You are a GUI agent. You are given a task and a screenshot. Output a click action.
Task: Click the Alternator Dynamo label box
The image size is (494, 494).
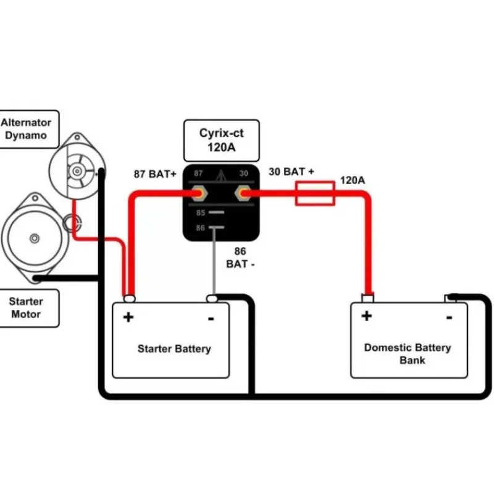pyautogui.click(x=29, y=129)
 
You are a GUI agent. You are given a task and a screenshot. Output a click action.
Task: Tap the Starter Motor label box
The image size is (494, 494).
pyautogui.click(x=29, y=308)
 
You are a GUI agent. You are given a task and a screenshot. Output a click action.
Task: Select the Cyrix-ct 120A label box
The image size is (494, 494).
pyautogui.click(x=222, y=140)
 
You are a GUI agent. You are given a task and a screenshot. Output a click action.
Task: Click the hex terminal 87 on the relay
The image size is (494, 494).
pyautogui.click(x=199, y=193)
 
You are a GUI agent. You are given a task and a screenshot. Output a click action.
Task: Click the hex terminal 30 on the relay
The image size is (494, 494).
pyautogui.click(x=243, y=193)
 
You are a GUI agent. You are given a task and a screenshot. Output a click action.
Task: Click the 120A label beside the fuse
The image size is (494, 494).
pyautogui.click(x=353, y=180)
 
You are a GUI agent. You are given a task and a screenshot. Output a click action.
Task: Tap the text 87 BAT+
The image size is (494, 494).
pyautogui.click(x=155, y=174)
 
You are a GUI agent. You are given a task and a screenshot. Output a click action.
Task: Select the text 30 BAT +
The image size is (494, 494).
pyautogui.click(x=291, y=172)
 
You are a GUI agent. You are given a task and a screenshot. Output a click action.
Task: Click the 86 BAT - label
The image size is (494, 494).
pyautogui.click(x=240, y=257)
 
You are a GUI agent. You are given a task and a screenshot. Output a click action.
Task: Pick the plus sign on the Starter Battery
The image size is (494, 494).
pyautogui.click(x=128, y=317)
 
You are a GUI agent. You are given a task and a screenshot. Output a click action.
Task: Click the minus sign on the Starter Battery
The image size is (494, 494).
pyautogui.click(x=211, y=319)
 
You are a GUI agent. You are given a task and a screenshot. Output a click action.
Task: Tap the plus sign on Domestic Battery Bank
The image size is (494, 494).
pyautogui.click(x=367, y=316)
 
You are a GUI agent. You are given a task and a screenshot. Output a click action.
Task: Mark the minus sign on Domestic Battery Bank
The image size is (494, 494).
pyautogui.click(x=450, y=317)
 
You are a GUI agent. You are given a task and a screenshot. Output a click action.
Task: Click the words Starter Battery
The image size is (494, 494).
pyautogui.click(x=174, y=349)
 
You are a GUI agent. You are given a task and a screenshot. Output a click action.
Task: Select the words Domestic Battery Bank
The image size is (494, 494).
pyautogui.click(x=408, y=354)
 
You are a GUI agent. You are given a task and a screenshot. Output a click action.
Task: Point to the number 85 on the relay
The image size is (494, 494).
pyautogui.click(x=201, y=212)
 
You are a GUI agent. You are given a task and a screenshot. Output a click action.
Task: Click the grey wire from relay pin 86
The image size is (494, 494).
pyautogui.click(x=214, y=261)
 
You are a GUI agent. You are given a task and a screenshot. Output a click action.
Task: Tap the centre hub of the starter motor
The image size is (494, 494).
pyautogui.click(x=35, y=238)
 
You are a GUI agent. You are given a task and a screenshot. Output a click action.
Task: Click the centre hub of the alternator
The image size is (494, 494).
pyautogui.click(x=77, y=171)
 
